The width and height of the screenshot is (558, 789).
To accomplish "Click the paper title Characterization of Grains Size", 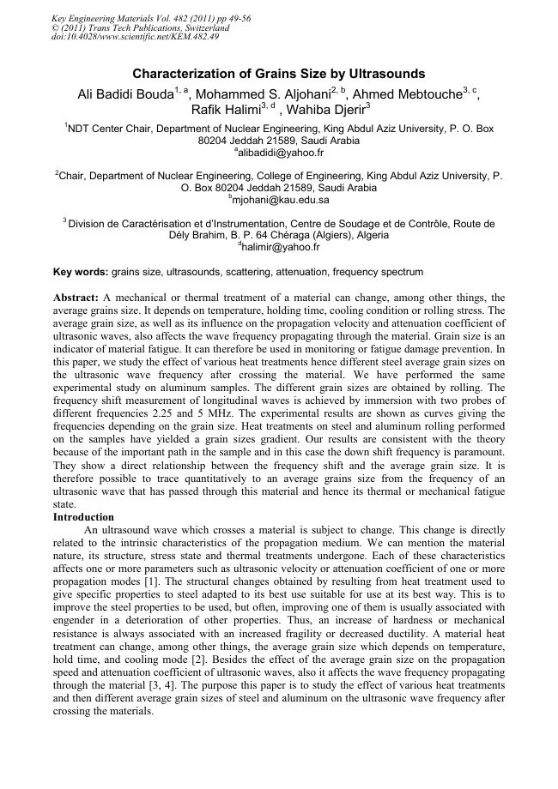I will pos(279,75).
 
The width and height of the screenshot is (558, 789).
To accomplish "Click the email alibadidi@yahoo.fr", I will pos(280,153).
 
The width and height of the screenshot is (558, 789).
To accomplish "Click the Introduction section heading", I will pos(83,518).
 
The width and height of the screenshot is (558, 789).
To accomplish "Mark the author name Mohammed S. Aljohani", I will pos(273,94).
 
